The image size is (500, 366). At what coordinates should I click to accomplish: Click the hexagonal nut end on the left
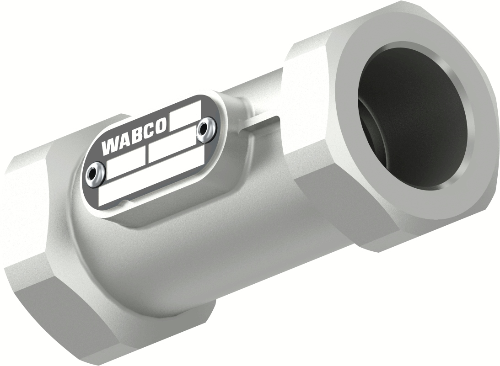click(x=32, y=228)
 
